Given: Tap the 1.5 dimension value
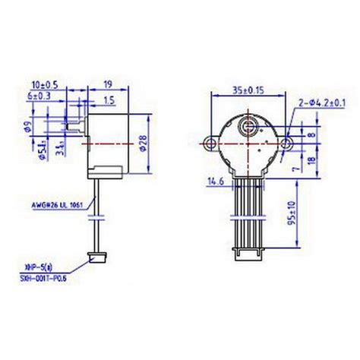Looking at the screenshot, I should pyautogui.click(x=111, y=99).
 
